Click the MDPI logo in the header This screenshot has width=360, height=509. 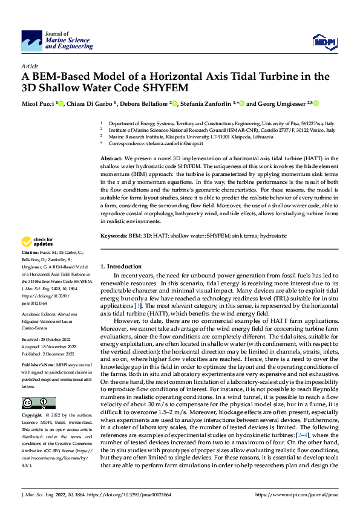pos(323,41)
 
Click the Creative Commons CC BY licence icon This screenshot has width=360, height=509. pos(38,403)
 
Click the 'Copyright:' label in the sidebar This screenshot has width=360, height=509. pos(32,416)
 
